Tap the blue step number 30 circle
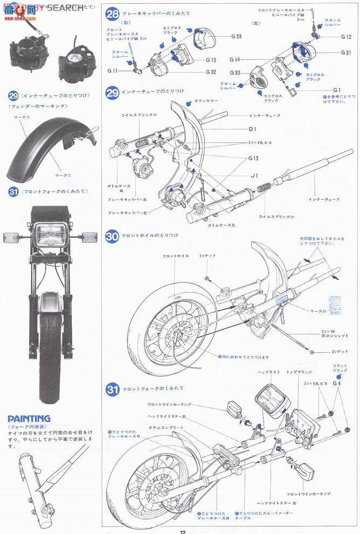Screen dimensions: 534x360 pos(112,236)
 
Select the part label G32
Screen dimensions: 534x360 pos(210,71)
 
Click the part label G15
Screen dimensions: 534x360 pos(210,60)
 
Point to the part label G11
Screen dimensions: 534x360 pos(113,71)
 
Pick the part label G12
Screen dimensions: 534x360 pos(346,37)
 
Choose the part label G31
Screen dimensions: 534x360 pos(346,53)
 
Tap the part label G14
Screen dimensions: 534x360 pos(235,60)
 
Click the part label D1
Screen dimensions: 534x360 pos(252,129)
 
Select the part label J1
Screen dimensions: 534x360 pos(253,175)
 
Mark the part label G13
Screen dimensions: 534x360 pos(253,158)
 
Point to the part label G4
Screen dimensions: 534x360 pos(337,384)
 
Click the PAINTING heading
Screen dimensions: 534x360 pos(29,419)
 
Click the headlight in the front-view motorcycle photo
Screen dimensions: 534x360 pos(52,236)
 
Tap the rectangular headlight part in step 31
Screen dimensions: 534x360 pos(270,402)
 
